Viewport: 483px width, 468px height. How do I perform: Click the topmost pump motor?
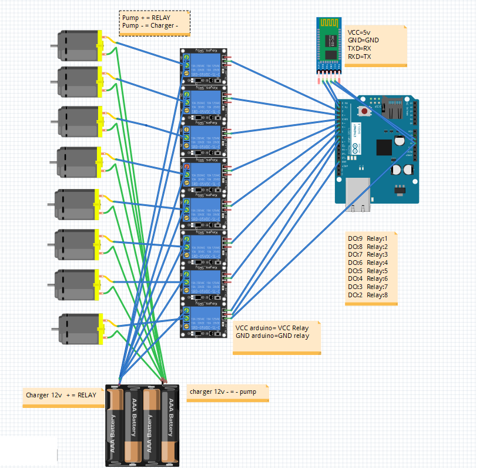(80, 46)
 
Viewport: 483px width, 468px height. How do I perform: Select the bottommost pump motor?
(82, 328)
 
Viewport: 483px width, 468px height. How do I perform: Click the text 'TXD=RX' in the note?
(359, 49)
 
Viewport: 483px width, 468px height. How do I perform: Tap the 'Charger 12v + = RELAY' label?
(61, 396)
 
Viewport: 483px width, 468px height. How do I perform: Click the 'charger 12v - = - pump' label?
(223, 391)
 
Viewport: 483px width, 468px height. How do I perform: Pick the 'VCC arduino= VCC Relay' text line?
(271, 328)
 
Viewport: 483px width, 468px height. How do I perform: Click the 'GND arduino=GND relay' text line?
(271, 336)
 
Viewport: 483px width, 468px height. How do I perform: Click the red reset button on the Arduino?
(364, 111)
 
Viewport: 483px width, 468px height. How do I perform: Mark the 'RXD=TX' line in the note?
(359, 57)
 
